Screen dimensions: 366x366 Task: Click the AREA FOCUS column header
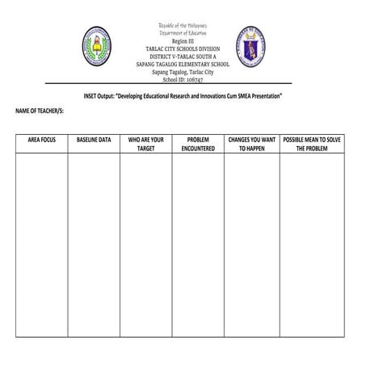(41, 140)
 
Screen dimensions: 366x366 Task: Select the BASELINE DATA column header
(94, 140)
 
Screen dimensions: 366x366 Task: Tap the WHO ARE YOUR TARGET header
(146, 144)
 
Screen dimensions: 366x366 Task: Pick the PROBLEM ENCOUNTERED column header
(198, 144)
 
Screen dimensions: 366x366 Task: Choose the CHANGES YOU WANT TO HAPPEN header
(252, 144)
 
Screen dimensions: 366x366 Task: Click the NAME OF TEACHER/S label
(40, 109)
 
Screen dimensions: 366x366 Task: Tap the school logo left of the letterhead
(97, 46)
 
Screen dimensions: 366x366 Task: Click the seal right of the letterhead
(250, 46)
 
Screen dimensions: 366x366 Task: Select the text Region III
(183, 41)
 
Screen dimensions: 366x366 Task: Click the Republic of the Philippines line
(183, 26)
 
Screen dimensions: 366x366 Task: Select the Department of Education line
(183, 33)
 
